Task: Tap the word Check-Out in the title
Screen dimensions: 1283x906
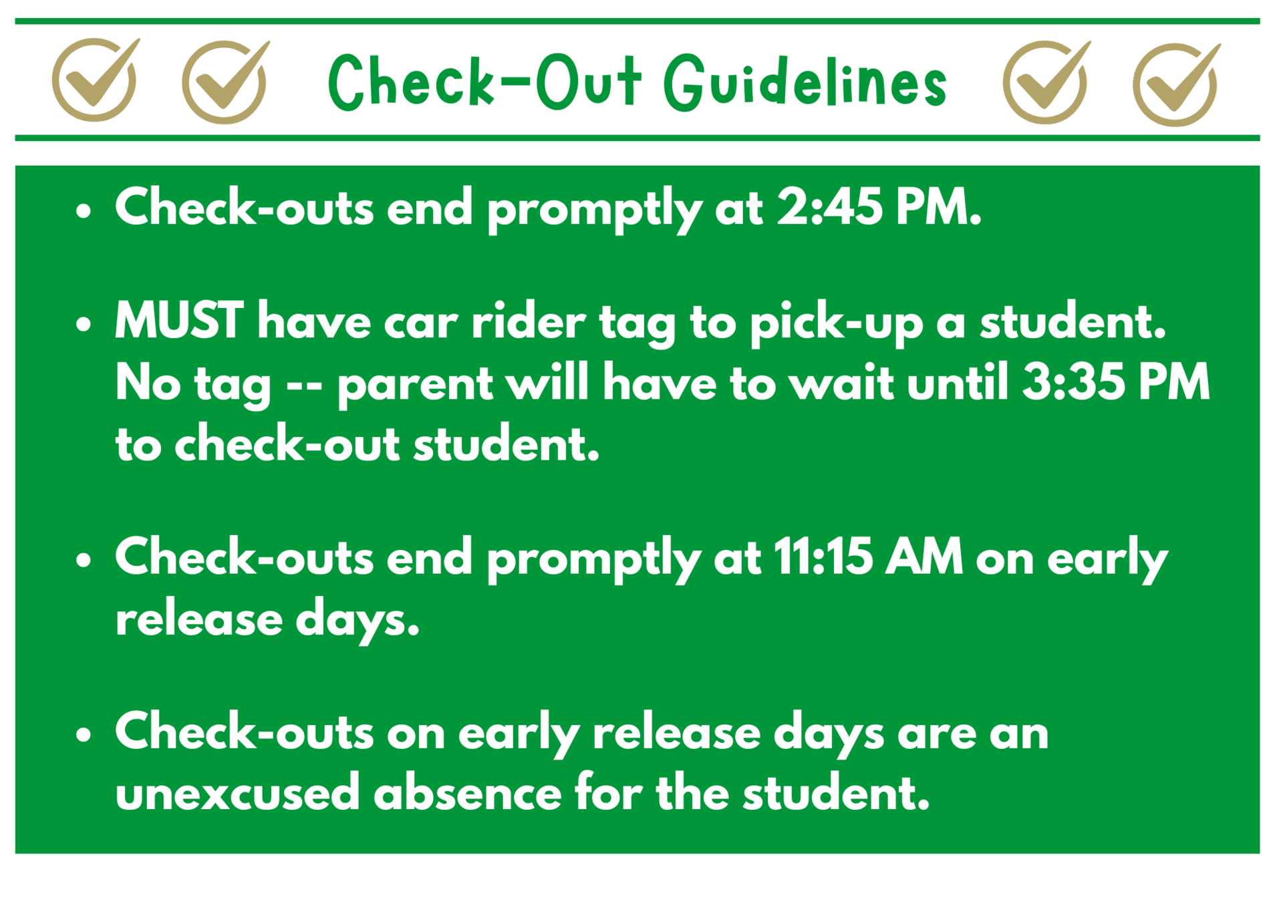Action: [485, 82]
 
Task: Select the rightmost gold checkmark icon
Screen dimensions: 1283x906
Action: [1177, 84]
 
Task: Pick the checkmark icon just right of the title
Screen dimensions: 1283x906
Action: [1046, 82]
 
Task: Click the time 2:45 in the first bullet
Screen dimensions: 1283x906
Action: [829, 207]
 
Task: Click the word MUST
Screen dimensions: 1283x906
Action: [179, 321]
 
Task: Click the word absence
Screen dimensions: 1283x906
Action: [467, 792]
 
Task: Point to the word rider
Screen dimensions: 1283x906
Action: [528, 321]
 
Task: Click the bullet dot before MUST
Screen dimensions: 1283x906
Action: [84, 325]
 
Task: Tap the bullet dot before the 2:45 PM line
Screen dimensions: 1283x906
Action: [84, 212]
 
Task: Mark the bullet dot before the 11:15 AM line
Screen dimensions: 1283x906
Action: [84, 561]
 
